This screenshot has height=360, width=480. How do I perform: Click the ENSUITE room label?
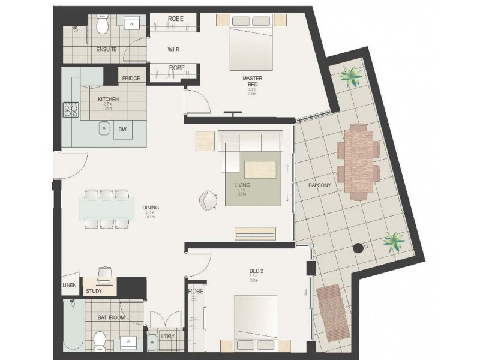pos(106,49)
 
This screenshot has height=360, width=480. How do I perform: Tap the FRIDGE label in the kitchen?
pos(131,79)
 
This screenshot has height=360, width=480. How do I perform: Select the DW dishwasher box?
pos(122,129)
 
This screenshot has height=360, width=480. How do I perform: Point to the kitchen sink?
pos(104,128)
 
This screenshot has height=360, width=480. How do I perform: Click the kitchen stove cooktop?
pos(71,109)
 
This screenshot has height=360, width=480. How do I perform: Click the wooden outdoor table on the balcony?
pos(358,161)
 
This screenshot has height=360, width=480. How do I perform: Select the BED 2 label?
pos(257,271)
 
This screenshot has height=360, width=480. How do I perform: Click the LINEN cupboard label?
pos(70,285)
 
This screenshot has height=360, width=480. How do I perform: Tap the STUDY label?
pos(94,292)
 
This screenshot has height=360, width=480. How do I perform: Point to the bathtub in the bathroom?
pos(73,326)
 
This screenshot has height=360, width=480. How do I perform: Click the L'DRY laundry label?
pos(167,337)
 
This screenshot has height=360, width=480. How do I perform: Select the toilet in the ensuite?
pos(102,25)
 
